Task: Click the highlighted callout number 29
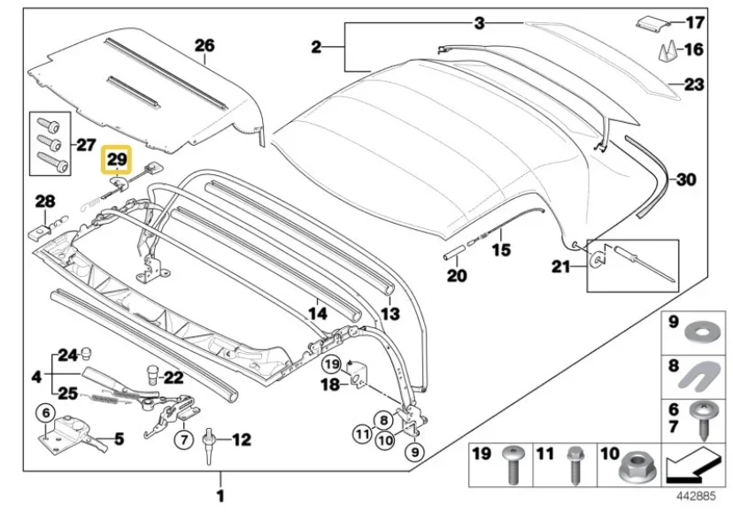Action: tap(117, 159)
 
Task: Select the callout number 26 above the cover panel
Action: tap(204, 45)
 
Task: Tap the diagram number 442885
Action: tap(695, 496)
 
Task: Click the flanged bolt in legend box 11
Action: tap(574, 466)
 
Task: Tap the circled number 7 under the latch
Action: tap(183, 439)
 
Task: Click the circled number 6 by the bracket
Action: tap(46, 412)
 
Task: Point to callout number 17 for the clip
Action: tap(695, 22)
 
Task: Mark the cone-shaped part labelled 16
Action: tap(668, 51)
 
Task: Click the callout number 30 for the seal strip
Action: tap(686, 179)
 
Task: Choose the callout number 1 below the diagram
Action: tap(220, 496)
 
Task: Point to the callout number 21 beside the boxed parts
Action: tap(561, 266)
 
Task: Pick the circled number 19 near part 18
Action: tap(331, 364)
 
